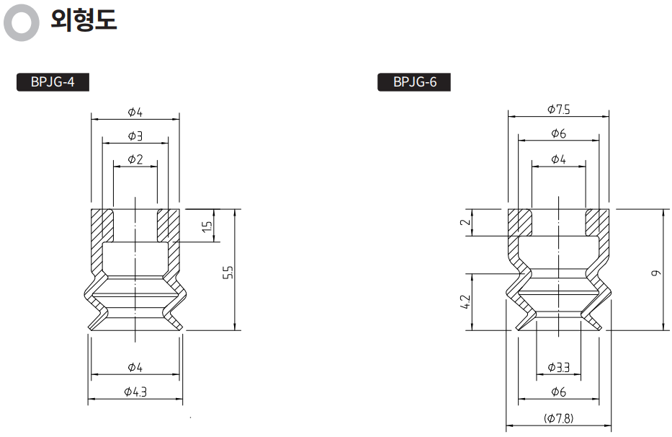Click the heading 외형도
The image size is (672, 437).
tap(83, 21)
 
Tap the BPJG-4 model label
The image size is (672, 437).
tap(53, 81)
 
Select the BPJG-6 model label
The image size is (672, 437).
tap(415, 81)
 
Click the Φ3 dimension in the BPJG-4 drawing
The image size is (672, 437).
tap(135, 136)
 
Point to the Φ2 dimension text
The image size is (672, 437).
tap(135, 159)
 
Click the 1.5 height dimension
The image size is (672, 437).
tap(207, 226)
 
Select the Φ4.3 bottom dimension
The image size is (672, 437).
tap(135, 392)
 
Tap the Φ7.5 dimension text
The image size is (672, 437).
tap(558, 110)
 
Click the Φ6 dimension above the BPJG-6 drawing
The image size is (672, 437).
tap(558, 134)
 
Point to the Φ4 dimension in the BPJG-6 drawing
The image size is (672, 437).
tap(558, 159)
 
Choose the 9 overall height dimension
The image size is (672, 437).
tap(655, 273)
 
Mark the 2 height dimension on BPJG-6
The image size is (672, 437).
tap(465, 222)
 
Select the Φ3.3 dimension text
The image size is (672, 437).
tap(558, 368)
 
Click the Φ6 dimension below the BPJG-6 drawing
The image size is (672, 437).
tap(558, 392)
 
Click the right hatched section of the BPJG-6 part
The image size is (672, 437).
tap(597, 222)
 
